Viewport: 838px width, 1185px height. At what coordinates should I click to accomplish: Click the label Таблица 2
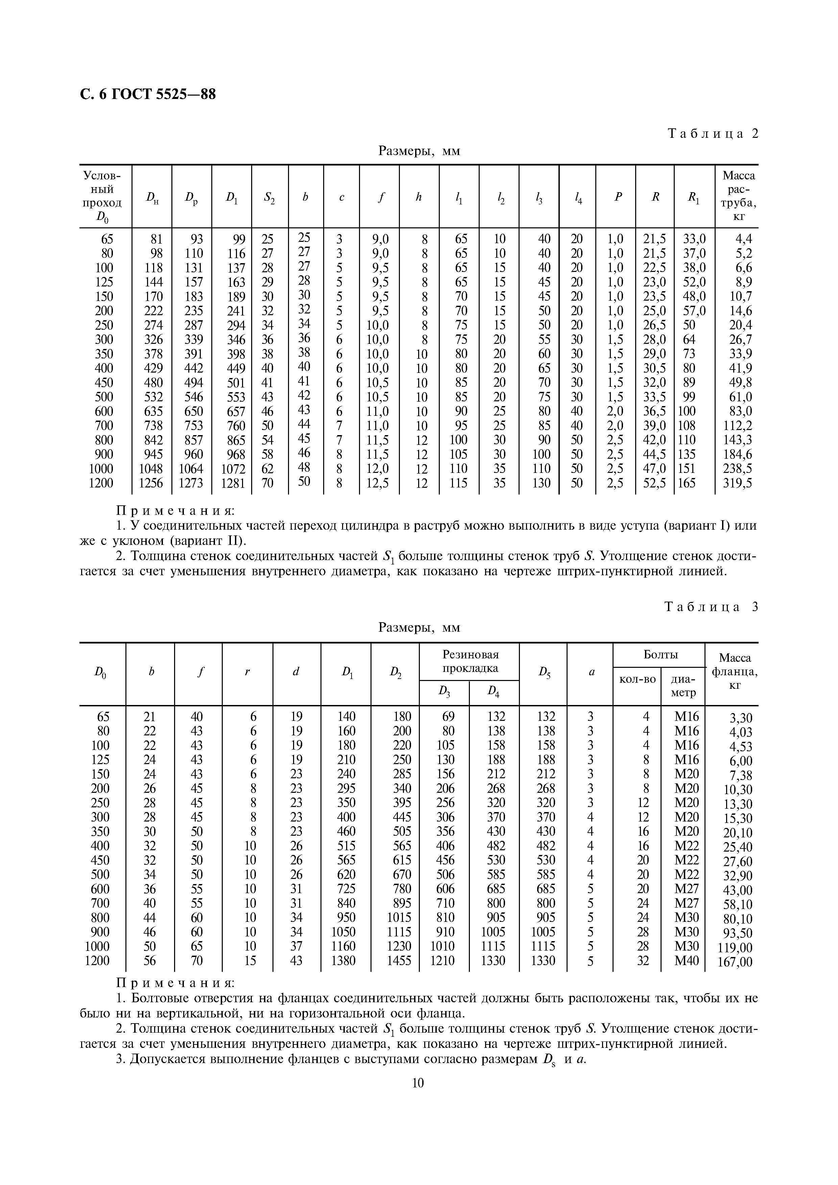click(713, 134)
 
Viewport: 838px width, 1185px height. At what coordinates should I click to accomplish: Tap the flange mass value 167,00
click(735, 962)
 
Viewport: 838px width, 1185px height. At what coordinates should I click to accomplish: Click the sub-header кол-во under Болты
click(637, 679)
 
